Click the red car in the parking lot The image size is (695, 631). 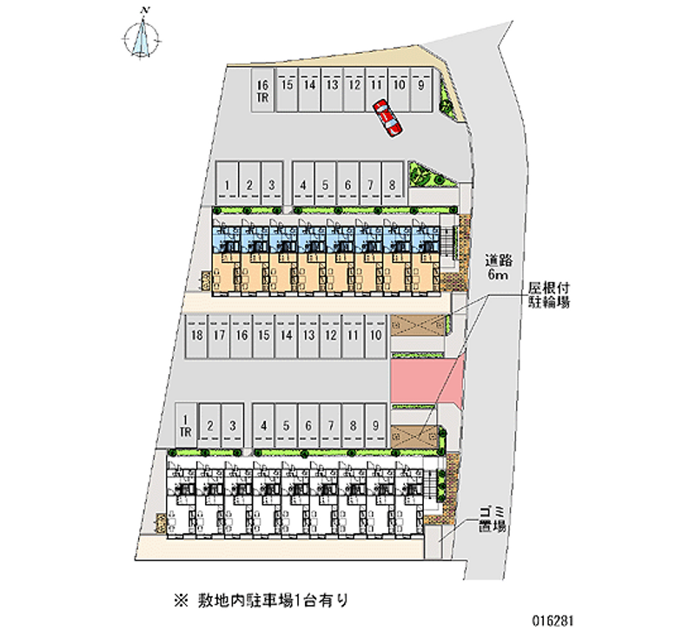point(387,118)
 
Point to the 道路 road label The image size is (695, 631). point(498,259)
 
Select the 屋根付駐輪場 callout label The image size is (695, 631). point(548,293)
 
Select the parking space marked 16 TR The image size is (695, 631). point(262,90)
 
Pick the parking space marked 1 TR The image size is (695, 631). point(185,425)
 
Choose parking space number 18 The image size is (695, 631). point(197,334)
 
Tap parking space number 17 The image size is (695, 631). point(220,334)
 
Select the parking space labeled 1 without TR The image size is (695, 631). point(226,185)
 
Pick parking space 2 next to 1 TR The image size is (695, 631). point(209,425)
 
